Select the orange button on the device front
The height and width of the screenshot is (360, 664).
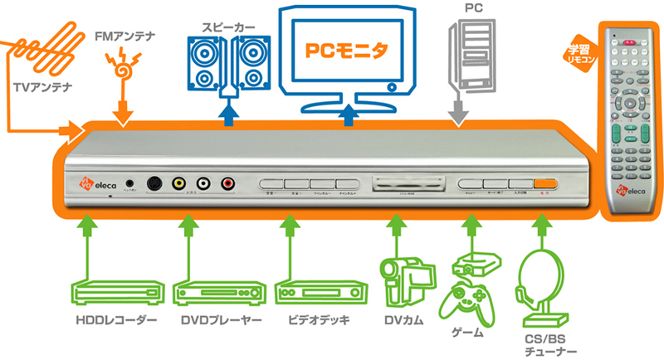(544, 184)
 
